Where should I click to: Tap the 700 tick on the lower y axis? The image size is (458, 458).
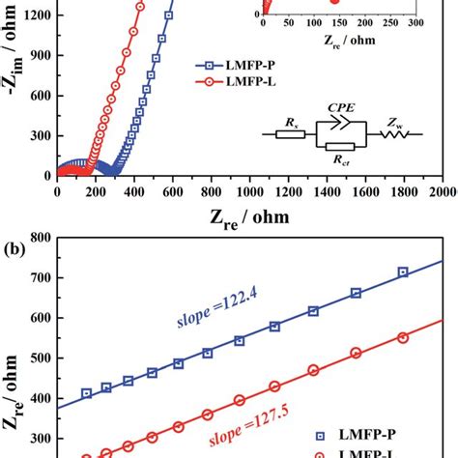click(x=39, y=277)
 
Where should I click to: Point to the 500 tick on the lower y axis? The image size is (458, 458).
click(x=39, y=358)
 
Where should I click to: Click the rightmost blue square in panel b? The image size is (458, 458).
click(x=403, y=272)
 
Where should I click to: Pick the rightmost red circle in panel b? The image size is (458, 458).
click(x=403, y=337)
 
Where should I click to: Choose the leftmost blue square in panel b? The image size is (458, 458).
click(x=87, y=393)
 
